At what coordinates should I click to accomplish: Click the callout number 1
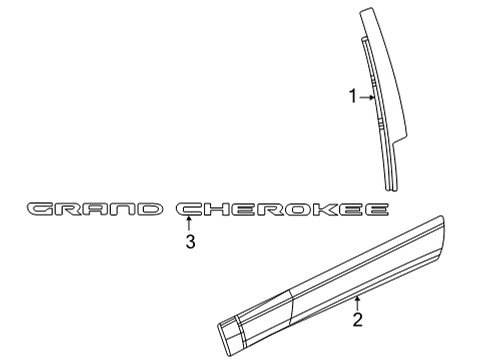352,97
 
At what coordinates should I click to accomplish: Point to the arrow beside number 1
366,97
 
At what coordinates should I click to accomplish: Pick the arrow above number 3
189,223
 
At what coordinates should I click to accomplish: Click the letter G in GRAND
42,209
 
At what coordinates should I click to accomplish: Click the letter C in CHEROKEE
192,209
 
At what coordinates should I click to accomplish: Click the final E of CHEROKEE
377,209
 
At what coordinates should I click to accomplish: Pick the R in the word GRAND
69,209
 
